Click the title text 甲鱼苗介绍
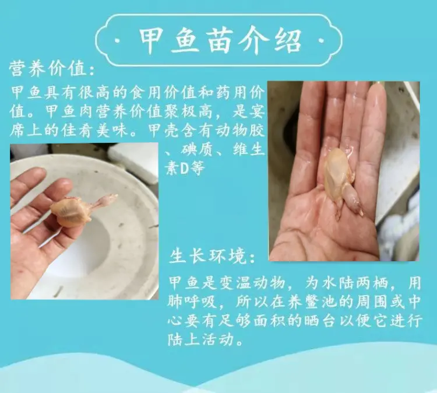220,41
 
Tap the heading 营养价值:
52,69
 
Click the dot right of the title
321,41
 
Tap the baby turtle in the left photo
83,209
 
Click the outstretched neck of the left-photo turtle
104,202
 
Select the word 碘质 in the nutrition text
198,150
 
